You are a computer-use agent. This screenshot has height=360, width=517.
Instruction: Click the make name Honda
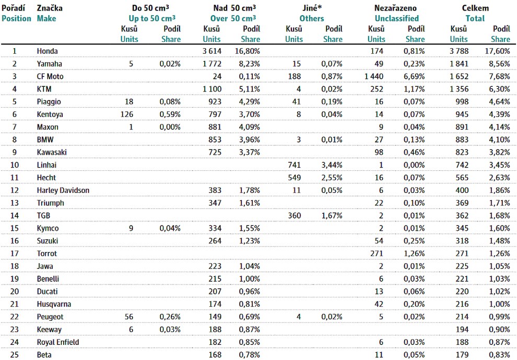(47, 51)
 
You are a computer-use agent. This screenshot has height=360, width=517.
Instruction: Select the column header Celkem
(475, 8)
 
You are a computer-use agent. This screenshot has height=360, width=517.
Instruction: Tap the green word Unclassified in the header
(397, 18)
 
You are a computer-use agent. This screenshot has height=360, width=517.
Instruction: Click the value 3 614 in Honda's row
(212, 51)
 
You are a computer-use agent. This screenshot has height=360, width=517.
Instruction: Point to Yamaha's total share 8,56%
(500, 64)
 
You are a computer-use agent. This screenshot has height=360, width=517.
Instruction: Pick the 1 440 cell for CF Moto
(374, 77)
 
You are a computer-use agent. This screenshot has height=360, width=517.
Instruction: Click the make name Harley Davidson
(63, 190)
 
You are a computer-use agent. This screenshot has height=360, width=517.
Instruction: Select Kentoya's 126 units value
(127, 114)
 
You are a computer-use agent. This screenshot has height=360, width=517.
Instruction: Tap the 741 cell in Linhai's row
(294, 165)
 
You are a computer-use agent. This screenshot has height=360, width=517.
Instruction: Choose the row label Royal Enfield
(58, 342)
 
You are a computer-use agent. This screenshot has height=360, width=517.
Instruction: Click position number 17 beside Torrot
(15, 254)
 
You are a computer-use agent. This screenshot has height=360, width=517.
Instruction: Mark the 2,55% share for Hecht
(332, 178)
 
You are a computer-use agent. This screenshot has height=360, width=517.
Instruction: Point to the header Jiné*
(312, 8)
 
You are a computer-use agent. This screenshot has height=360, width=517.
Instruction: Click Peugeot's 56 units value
(129, 317)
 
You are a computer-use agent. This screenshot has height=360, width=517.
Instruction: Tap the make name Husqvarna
(54, 304)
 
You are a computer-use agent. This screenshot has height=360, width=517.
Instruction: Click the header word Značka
(50, 8)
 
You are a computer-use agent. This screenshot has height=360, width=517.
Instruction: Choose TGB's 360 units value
(294, 216)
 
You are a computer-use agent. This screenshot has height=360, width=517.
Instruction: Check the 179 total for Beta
(462, 355)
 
